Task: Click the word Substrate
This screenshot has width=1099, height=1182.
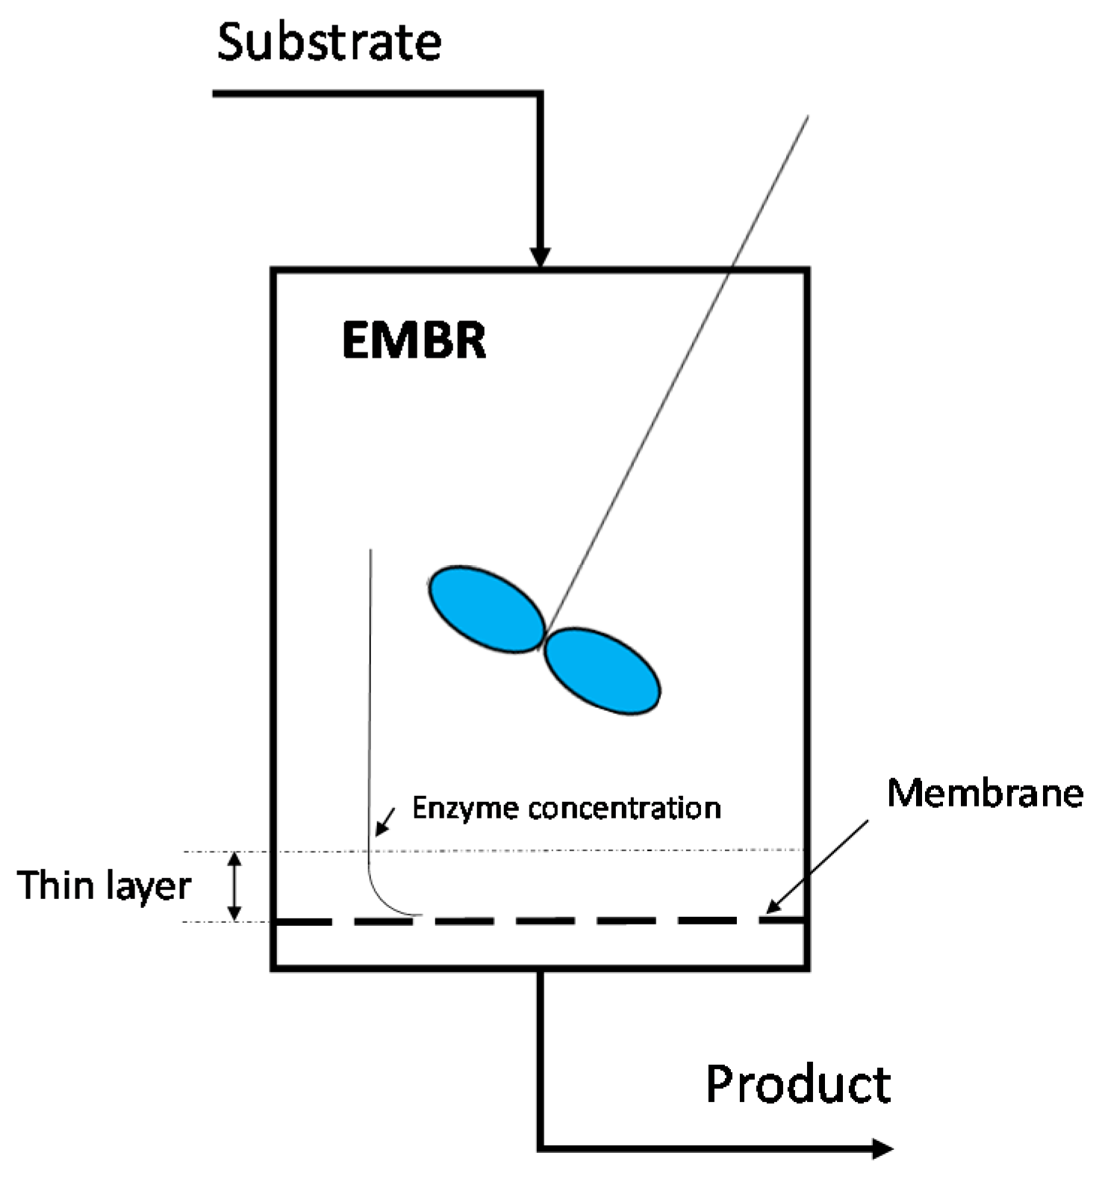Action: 329,43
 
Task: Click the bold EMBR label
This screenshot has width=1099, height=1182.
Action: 414,341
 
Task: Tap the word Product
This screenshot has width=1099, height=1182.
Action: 797,1084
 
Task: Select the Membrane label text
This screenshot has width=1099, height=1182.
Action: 985,792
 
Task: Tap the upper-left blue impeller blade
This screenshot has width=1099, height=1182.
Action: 486,609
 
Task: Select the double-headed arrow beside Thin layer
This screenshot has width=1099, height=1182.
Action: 234,886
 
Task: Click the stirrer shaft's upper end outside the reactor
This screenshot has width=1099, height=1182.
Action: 807,118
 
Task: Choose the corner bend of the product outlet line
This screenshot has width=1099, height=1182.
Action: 541,1148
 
